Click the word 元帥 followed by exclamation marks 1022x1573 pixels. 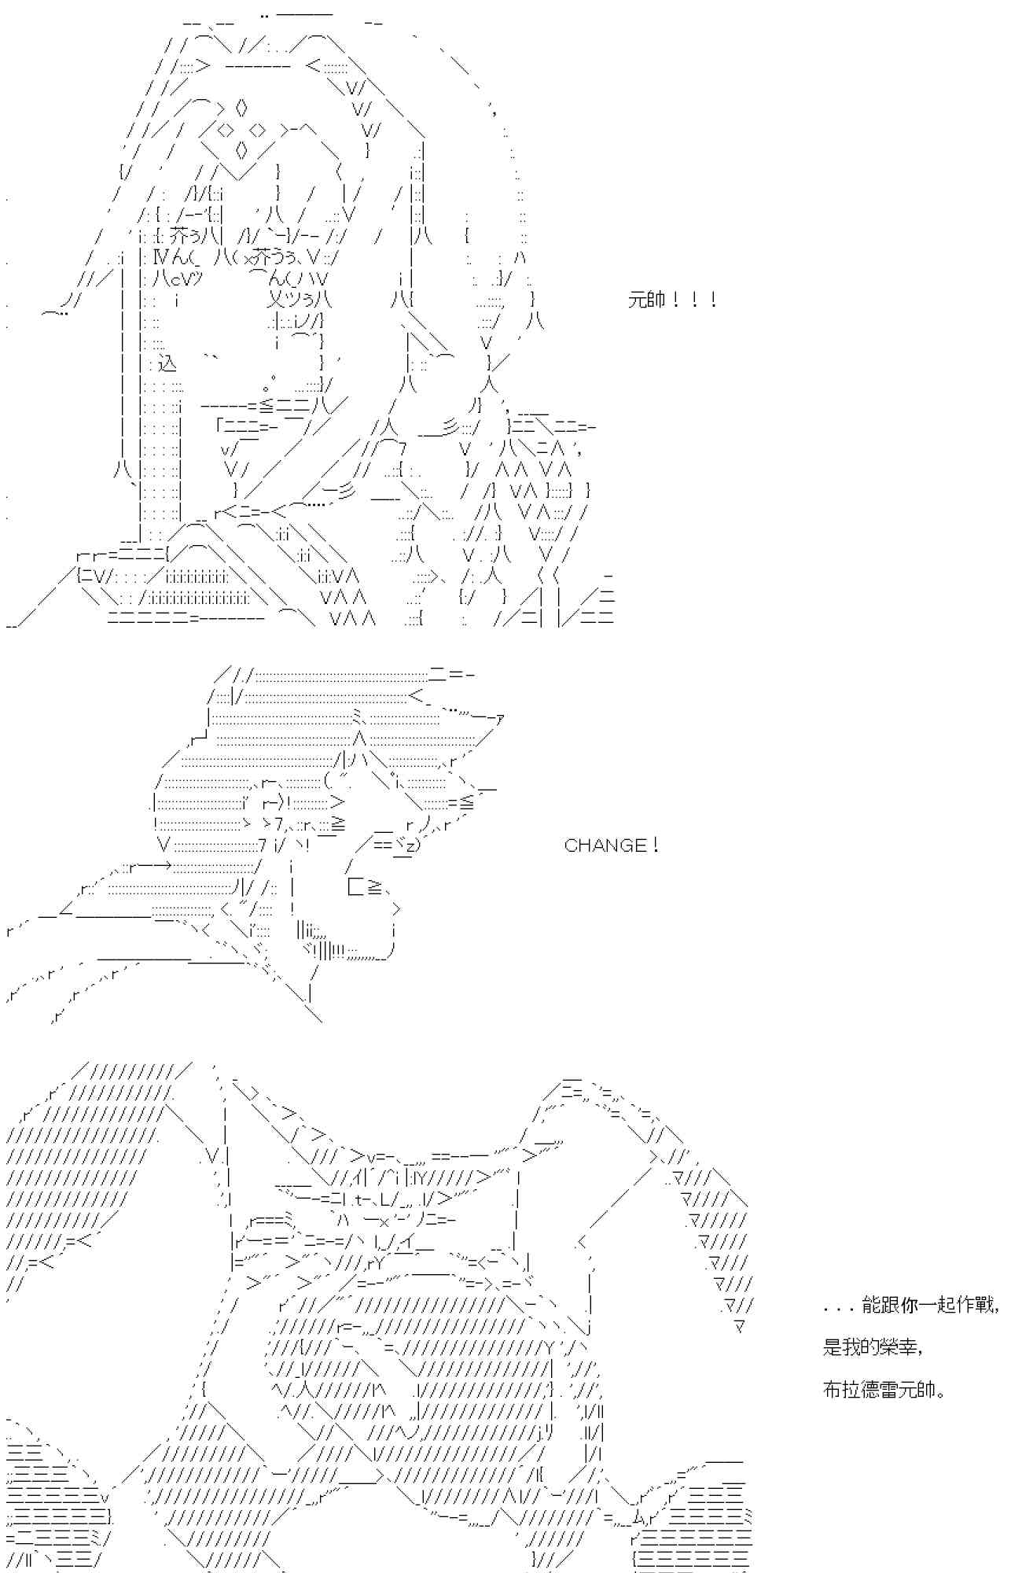point(648,300)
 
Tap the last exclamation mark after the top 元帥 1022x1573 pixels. point(712,300)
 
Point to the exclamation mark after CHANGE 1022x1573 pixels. point(654,845)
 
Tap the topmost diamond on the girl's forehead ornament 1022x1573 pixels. point(241,105)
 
